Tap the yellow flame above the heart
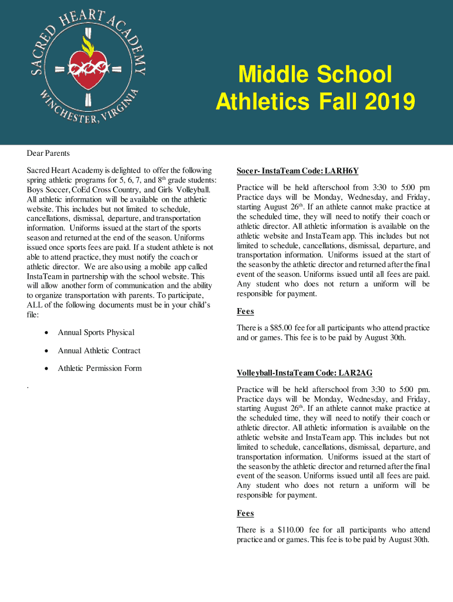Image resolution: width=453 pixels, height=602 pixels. point(88,44)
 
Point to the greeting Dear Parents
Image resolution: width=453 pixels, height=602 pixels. point(48,153)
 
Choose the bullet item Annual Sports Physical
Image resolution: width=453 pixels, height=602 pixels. point(96,333)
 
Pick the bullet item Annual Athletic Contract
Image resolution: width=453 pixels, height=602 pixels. point(99,351)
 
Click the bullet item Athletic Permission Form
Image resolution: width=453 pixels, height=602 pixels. point(99,369)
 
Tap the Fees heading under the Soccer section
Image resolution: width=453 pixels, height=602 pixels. point(245,312)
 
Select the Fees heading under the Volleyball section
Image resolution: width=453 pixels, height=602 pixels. point(245,514)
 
